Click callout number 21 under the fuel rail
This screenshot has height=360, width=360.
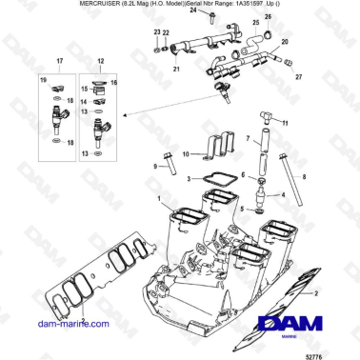[177, 69]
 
